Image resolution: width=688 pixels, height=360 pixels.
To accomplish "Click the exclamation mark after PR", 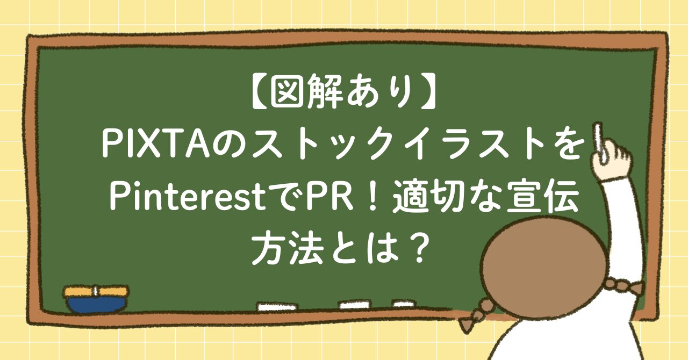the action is tap(373, 198).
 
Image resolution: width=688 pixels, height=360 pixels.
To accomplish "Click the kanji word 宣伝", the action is tap(542, 198).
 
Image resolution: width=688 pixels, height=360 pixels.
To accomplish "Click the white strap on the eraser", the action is tap(96, 292).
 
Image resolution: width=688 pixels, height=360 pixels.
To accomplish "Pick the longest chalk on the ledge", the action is tap(277, 307).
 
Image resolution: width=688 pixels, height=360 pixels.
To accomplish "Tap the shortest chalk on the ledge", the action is tap(404, 304).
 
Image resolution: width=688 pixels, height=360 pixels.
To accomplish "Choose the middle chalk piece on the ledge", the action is tap(354, 304).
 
